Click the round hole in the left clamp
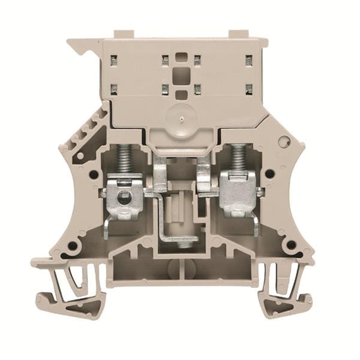[x=124, y=198]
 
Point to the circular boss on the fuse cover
[x=179, y=115]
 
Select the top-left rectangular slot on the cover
[x=113, y=59]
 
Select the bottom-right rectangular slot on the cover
[x=248, y=89]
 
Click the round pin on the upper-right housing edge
[x=284, y=142]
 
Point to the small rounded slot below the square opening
[x=180, y=94]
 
